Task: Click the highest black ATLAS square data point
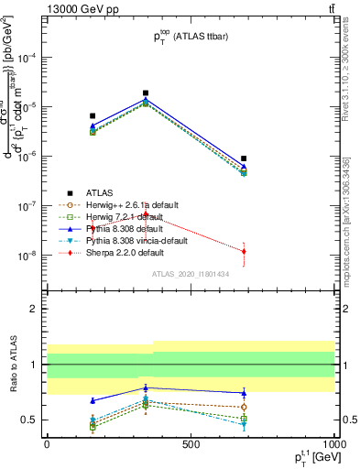pyautogui.click(x=146, y=93)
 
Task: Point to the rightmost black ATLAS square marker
pyautogui.click(x=244, y=158)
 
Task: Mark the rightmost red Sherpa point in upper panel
pyautogui.click(x=244, y=251)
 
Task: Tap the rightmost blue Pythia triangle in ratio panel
pyautogui.click(x=244, y=393)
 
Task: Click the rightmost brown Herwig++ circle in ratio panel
pyautogui.click(x=244, y=407)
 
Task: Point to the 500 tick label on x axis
pyautogui.click(x=191, y=444)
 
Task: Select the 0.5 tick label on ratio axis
pyautogui.click(x=28, y=420)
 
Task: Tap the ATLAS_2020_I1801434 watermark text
pyautogui.click(x=190, y=274)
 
